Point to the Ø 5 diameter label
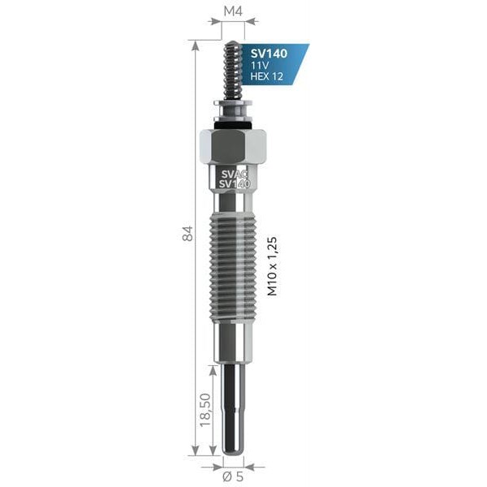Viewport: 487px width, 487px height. [x=233, y=476]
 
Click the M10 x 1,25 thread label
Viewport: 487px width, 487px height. [x=273, y=266]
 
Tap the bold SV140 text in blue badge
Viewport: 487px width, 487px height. [x=269, y=54]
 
